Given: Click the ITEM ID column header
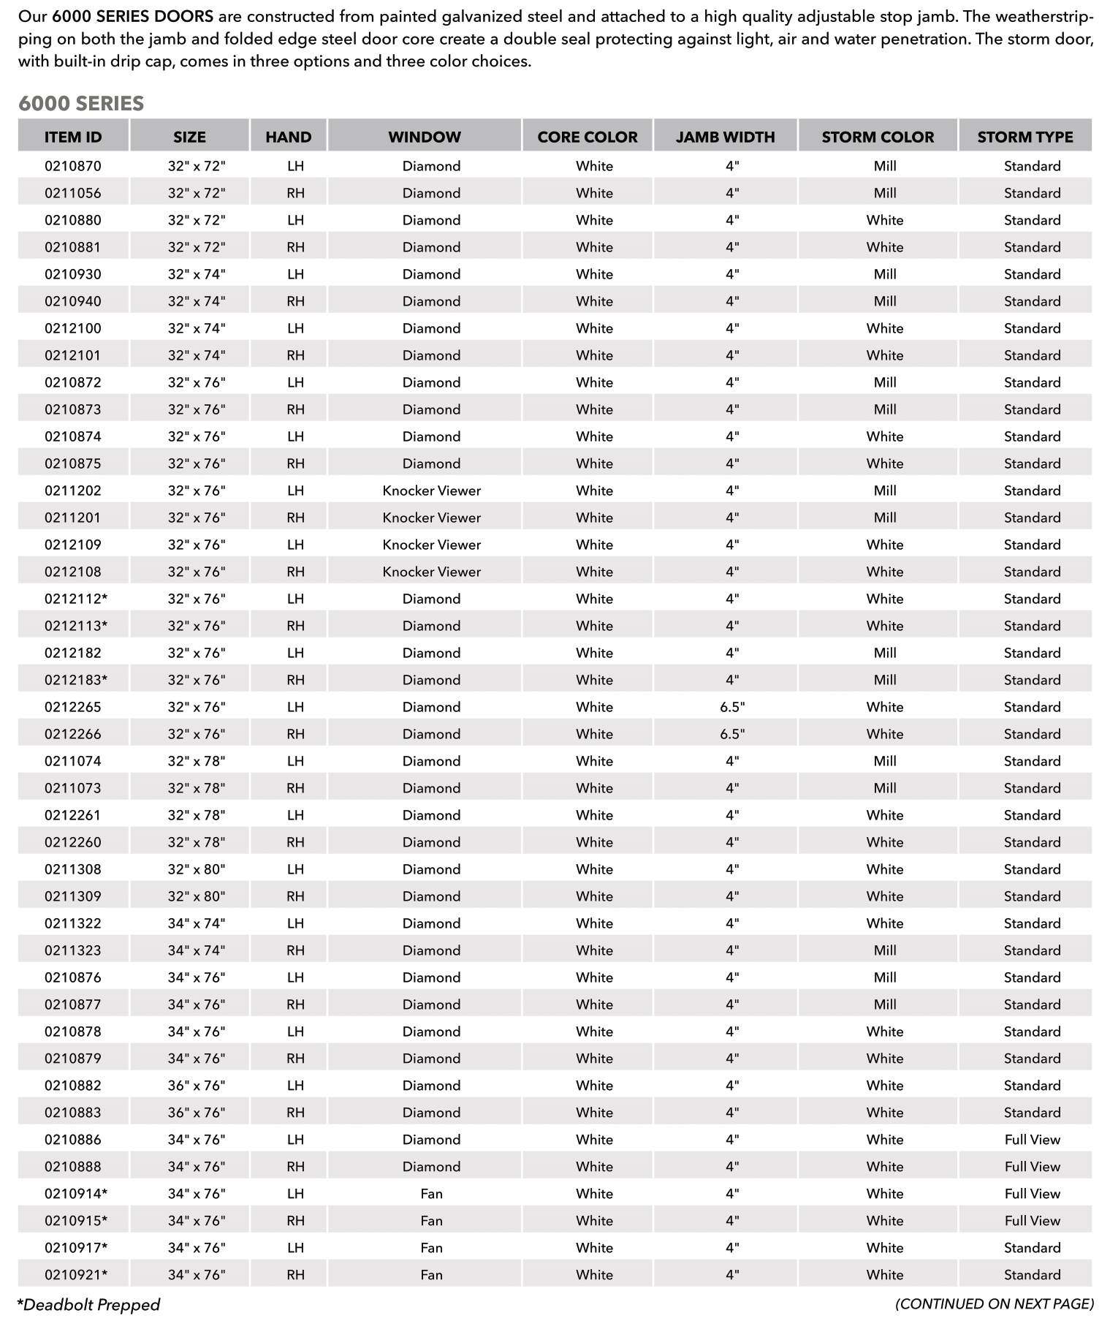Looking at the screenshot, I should pos(73,137).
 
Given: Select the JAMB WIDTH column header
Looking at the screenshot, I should pos(725,137).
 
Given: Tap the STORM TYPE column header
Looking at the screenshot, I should pos(1025,137).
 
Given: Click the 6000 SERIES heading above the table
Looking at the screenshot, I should pos(81,104).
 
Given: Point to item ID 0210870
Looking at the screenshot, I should pos(73,166).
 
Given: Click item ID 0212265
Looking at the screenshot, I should pos(73,707).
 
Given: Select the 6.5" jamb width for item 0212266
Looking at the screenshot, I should pos(732,734).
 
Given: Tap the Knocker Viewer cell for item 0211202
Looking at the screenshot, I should pos(431,491).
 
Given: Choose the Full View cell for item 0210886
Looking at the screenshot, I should pos(1032,1140).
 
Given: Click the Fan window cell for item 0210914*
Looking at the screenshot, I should pos(431,1194).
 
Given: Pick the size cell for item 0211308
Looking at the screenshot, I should pos(197,869).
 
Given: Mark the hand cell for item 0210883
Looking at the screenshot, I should pos(295,1113).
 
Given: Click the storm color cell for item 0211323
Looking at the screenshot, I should pos(884,950).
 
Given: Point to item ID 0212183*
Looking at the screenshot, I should pos(76,680).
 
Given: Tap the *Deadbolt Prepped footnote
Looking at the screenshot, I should pos(88,1305).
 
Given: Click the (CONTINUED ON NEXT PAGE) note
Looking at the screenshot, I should pos(994,1304).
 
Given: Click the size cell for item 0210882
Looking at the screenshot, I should pos(197,1086).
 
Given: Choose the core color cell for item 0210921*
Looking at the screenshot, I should pos(594,1275).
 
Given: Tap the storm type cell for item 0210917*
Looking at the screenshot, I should pos(1032,1248).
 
